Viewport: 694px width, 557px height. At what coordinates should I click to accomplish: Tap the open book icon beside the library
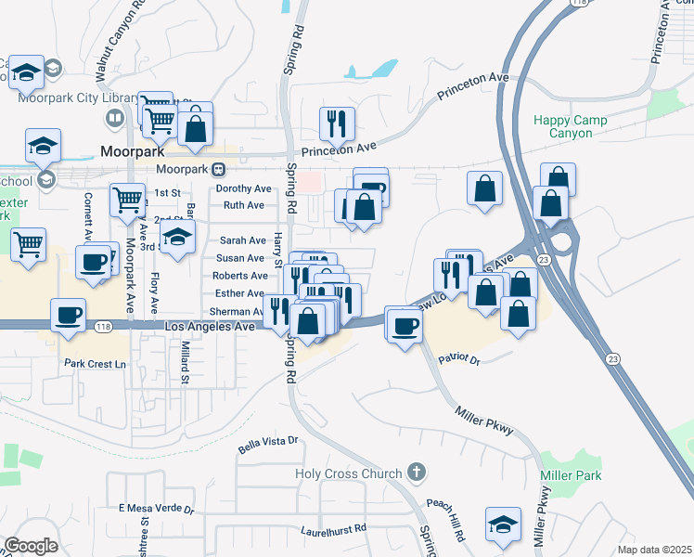pos(113,118)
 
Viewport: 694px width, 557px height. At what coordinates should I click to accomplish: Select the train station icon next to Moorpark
pos(218,169)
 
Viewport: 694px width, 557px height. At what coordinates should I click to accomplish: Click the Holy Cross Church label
pos(348,473)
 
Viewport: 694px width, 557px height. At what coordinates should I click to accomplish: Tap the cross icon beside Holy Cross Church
pos(416,473)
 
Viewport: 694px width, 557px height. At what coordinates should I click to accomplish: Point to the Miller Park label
pos(571,475)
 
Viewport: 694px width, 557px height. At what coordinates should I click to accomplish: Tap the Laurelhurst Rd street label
pos(334,530)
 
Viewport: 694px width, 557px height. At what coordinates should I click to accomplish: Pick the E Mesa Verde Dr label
pos(156,509)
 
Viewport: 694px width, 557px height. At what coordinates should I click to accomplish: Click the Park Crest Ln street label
pos(95,364)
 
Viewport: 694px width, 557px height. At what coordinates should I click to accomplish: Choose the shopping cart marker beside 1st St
pos(128,199)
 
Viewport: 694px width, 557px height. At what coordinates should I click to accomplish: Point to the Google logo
pos(31,546)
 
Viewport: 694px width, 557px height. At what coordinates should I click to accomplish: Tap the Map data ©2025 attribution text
pos(654,550)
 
